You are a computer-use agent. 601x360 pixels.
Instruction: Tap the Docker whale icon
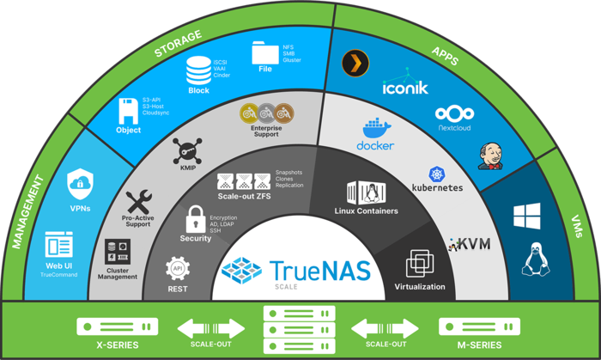375,130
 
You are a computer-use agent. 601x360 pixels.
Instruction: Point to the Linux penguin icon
532,258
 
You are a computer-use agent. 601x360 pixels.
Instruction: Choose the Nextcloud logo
455,114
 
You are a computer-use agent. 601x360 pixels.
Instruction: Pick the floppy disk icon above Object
129,110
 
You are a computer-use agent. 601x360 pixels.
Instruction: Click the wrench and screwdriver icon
137,203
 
